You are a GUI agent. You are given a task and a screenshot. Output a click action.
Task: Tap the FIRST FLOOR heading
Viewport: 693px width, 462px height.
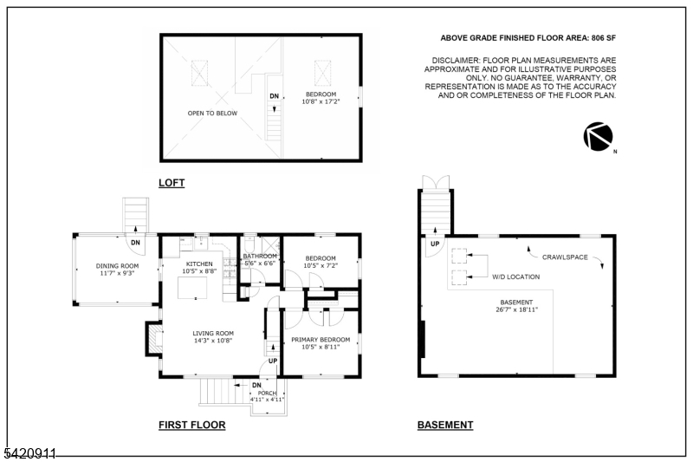(191, 425)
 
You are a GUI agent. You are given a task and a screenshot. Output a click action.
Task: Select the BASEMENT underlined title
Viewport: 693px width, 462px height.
(445, 425)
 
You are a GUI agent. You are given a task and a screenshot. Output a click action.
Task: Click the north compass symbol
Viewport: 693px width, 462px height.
(598, 136)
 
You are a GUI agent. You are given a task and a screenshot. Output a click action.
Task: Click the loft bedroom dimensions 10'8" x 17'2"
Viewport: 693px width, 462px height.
(321, 101)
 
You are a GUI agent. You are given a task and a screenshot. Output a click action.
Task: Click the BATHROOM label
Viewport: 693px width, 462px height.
(259, 257)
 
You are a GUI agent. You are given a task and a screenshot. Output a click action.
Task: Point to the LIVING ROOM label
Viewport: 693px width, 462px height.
(213, 333)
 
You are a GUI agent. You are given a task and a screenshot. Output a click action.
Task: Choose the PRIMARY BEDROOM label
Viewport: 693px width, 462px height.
(321, 339)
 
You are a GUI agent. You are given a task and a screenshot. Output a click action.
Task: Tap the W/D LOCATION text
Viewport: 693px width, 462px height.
(515, 277)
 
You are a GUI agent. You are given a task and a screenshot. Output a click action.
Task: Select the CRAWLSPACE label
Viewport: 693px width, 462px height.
(567, 257)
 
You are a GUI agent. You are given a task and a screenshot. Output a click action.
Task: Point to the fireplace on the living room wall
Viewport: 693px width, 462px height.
(152, 338)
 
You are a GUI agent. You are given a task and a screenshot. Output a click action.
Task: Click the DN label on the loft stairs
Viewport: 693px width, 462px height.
(274, 95)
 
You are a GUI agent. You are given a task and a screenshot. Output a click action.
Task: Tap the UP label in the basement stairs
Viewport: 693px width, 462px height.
(432, 244)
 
